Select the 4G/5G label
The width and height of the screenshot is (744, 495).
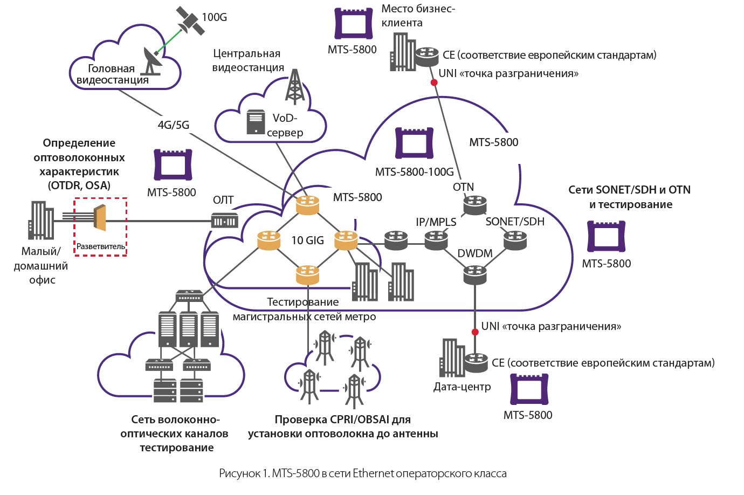click(x=174, y=125)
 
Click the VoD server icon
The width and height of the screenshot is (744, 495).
click(x=256, y=122)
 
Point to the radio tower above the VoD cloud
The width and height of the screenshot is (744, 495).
click(x=294, y=86)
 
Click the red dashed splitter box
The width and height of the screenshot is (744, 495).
click(x=100, y=226)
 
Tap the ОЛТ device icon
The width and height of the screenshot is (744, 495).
click(x=224, y=221)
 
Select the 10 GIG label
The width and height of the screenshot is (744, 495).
click(x=307, y=240)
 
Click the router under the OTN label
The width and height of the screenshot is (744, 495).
click(x=475, y=205)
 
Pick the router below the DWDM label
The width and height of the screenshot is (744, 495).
click(x=475, y=275)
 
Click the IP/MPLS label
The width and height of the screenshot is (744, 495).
click(x=436, y=222)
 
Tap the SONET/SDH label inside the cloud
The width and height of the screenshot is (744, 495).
click(x=515, y=222)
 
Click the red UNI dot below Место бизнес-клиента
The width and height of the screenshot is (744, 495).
click(x=433, y=82)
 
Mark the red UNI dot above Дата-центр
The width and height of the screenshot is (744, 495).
click(x=475, y=332)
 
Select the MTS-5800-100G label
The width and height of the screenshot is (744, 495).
click(x=414, y=172)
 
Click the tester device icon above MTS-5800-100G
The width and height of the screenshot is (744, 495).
click(x=414, y=143)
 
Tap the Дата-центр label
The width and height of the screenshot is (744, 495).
click(x=462, y=387)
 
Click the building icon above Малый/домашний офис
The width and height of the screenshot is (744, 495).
click(x=40, y=220)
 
